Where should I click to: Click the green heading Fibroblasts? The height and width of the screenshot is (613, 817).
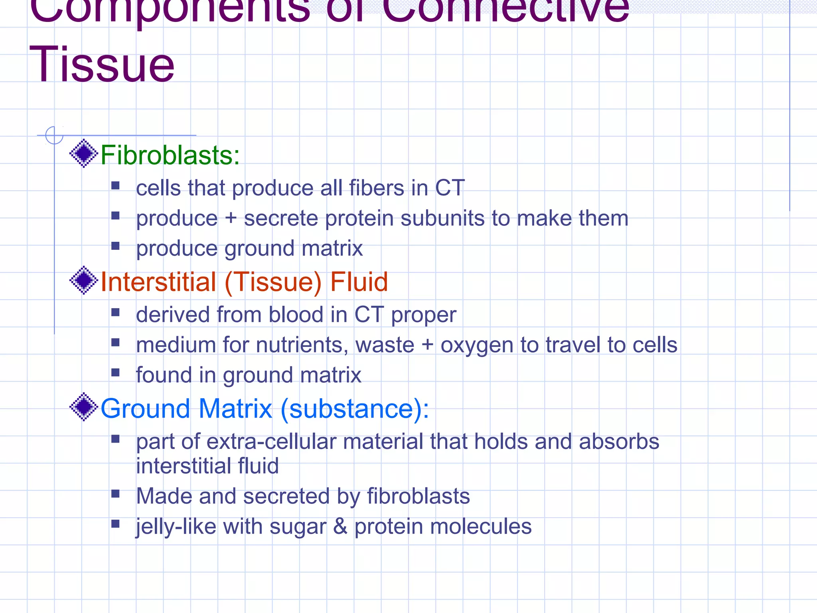pos(170,155)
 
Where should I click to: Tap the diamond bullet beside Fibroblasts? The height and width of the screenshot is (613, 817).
pos(84,153)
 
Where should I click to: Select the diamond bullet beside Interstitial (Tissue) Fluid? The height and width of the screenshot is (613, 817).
pos(84,280)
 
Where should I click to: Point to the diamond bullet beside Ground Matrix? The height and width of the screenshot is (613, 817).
pos(84,407)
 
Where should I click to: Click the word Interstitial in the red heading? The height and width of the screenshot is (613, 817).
pos(158,282)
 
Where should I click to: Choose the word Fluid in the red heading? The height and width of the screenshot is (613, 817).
pos(359,282)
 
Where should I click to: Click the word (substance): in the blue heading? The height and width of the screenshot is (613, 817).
pos(355,409)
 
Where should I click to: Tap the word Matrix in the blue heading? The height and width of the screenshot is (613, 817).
pos(235,409)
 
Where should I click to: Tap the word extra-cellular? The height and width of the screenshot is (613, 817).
pos(271,442)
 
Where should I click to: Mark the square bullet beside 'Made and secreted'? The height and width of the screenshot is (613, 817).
pos(116,494)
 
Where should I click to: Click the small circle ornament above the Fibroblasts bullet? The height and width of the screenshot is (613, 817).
pos(54,135)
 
